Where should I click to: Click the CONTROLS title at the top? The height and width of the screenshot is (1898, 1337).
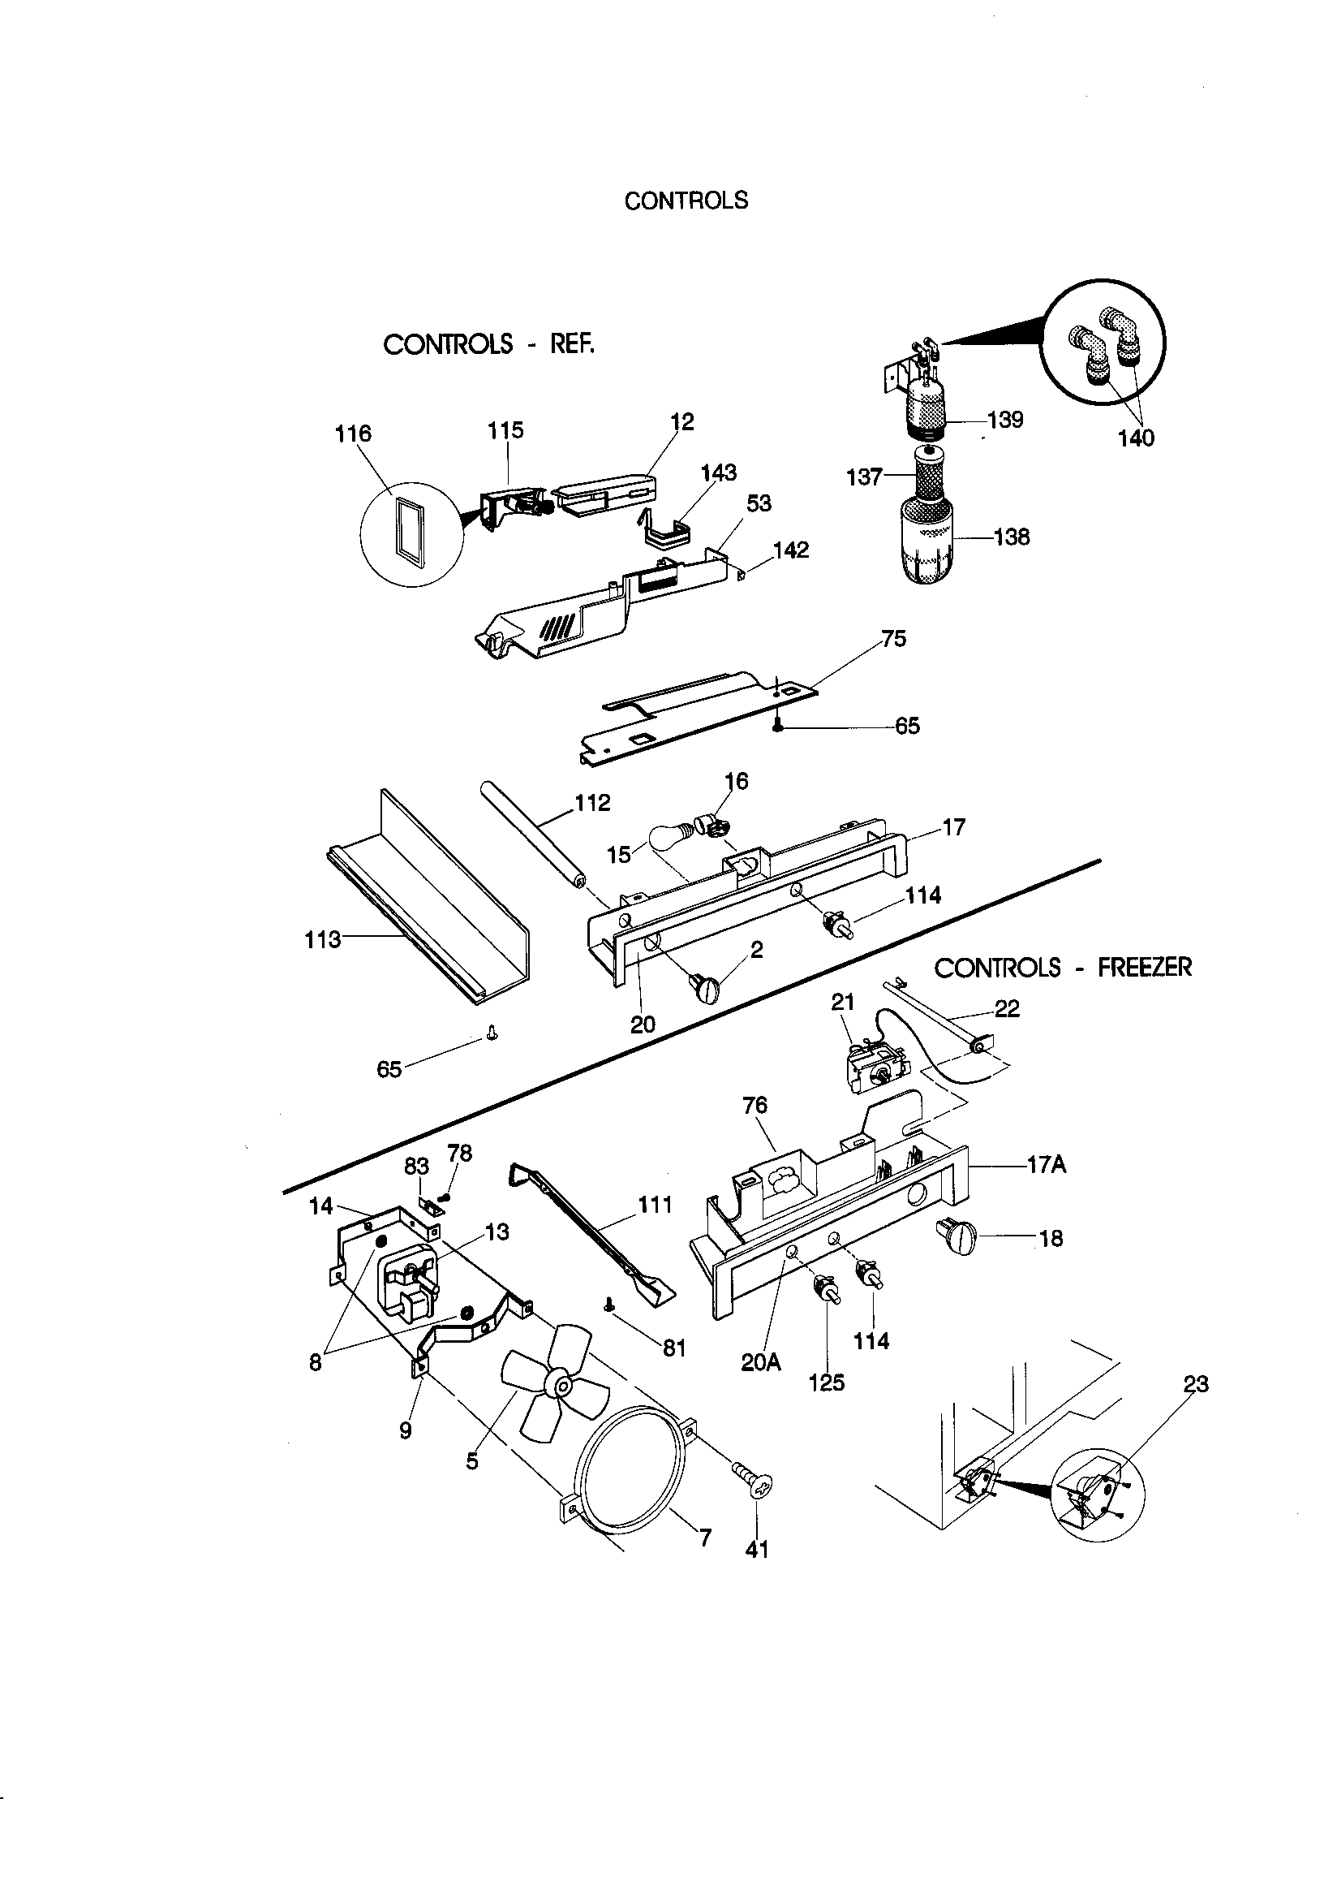[x=686, y=201]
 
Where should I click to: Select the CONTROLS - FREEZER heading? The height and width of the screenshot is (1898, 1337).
[x=1063, y=967]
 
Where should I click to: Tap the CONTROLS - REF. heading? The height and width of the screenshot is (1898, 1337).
[x=488, y=344]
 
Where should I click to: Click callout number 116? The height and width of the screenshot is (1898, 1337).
[x=353, y=434]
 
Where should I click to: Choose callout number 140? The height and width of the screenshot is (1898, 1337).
[x=1135, y=438]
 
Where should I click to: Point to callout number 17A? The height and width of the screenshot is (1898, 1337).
[x=1046, y=1165]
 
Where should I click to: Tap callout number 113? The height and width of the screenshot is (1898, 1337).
[x=322, y=939]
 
